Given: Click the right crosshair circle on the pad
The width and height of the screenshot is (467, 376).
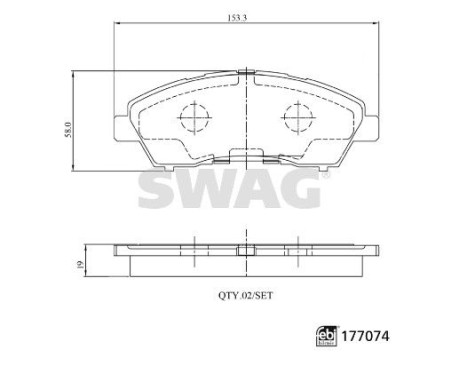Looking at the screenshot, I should coord(295,120).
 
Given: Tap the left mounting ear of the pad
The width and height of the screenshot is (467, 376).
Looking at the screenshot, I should coord(121,128).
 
